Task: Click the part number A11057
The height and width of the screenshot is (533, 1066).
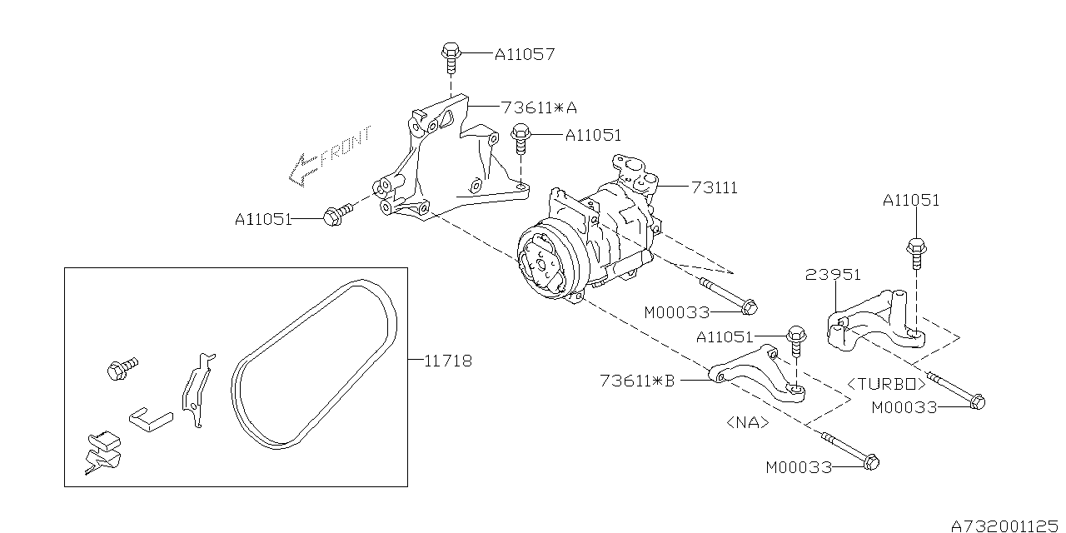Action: click(524, 54)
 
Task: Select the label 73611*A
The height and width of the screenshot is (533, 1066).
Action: click(539, 107)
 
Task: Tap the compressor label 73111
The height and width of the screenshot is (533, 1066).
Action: click(714, 188)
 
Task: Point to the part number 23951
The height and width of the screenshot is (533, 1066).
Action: click(832, 275)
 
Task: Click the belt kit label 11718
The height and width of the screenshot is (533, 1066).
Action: click(448, 361)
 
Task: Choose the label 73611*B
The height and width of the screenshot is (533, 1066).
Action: click(636, 381)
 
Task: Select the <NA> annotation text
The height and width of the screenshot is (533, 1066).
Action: click(747, 423)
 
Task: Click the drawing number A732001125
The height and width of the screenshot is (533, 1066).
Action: click(1008, 525)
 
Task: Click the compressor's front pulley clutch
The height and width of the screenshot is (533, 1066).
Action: click(540, 265)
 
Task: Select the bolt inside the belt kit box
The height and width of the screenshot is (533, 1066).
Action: click(122, 368)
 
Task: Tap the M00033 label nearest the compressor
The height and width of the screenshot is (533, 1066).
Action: click(676, 313)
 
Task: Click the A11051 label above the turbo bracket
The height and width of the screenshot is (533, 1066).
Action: click(911, 200)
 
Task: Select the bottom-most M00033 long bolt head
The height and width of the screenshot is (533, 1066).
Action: click(869, 461)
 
